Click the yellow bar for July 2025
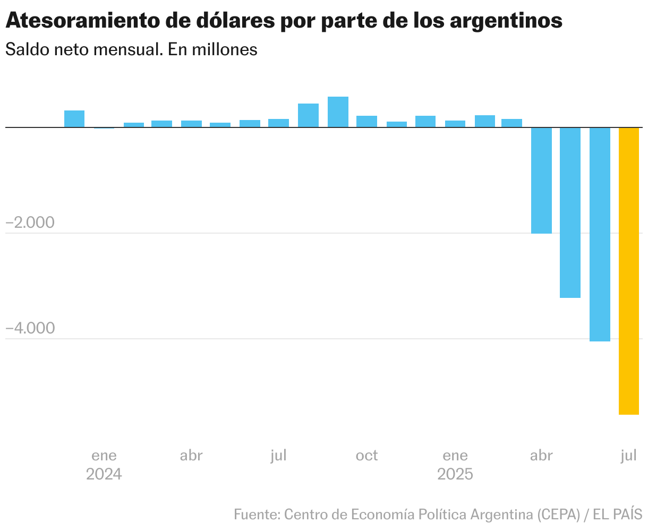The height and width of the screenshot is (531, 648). [x=629, y=271]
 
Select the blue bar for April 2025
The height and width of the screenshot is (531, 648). [x=542, y=181]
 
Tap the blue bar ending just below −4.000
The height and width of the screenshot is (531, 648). [x=600, y=234]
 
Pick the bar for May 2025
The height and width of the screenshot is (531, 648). [x=570, y=212]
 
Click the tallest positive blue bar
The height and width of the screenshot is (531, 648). [x=338, y=112]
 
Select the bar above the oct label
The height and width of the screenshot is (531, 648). [x=366, y=122]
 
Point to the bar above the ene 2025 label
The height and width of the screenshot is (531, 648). [x=455, y=124]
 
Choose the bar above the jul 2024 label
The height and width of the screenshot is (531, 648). [x=278, y=123]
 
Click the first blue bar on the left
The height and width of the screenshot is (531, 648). [x=74, y=119]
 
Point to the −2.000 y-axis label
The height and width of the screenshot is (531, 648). [x=30, y=222]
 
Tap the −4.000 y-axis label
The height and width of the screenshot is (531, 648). [x=30, y=328]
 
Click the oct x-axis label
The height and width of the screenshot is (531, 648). [x=366, y=456]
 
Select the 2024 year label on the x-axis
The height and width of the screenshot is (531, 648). [x=104, y=474]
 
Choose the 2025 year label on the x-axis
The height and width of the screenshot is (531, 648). [x=455, y=474]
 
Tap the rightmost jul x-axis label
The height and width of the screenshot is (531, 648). [x=628, y=456]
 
